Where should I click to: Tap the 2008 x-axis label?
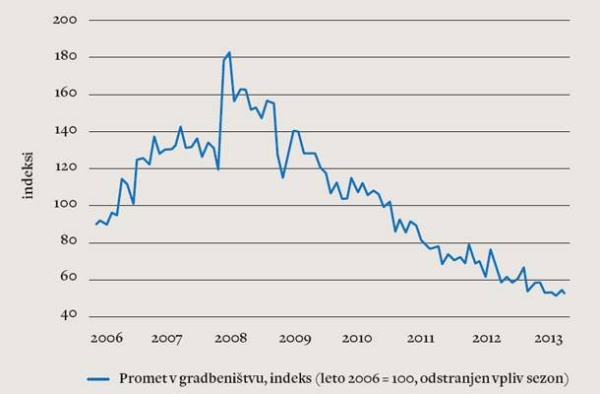[232, 338]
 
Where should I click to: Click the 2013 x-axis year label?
[548, 338]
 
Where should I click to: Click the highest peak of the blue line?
[229, 53]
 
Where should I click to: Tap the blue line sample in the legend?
[97, 377]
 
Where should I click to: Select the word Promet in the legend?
[141, 377]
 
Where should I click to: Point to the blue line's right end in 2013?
[565, 294]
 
